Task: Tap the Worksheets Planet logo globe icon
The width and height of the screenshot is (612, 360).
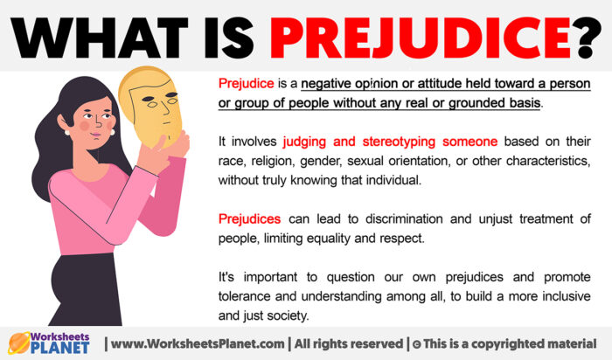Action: pos(20,343)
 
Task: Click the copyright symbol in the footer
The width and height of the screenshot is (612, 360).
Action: pos(417,343)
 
